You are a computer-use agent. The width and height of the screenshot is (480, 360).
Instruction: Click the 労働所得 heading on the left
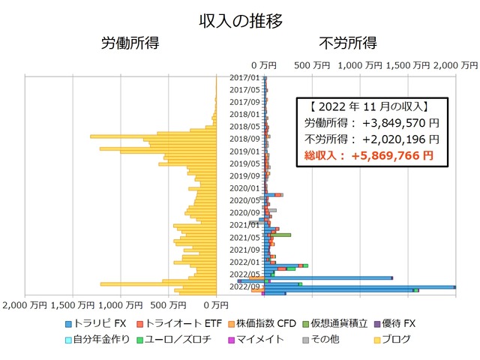(130, 43)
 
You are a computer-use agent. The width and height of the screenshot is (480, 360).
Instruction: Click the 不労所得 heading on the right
(348, 43)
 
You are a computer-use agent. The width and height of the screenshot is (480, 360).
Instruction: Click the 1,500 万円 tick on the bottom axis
(73, 304)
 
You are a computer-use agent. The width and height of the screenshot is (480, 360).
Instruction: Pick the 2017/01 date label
(244, 77)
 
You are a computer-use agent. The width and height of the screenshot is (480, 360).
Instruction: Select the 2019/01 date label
(244, 151)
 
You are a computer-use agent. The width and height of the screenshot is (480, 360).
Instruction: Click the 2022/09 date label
(244, 286)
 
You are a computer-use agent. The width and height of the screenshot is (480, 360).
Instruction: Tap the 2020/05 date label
(244, 199)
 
